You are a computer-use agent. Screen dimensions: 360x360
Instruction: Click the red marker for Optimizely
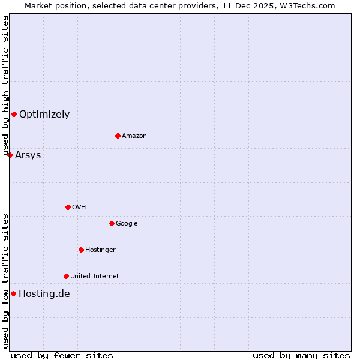click(x=14, y=114)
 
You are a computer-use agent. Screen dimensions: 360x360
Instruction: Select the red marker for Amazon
click(x=118, y=136)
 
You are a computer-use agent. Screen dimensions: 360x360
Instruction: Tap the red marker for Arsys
click(x=10, y=155)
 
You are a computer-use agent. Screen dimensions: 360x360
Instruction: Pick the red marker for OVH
click(x=68, y=207)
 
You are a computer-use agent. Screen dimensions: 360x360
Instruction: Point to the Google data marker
click(x=112, y=223)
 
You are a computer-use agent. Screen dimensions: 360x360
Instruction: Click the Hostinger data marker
click(x=81, y=250)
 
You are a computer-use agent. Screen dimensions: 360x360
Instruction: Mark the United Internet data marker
click(x=66, y=276)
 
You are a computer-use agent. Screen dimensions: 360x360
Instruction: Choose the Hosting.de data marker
click(x=13, y=293)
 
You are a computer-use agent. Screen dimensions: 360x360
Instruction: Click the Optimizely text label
click(x=44, y=115)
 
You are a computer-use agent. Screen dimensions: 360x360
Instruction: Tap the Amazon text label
click(x=134, y=136)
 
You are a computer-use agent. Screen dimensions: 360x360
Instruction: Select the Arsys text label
click(x=28, y=155)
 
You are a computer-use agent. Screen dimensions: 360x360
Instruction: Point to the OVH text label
click(x=79, y=208)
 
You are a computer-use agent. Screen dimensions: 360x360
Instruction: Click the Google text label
click(x=127, y=224)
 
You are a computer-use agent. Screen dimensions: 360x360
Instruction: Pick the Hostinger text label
click(x=100, y=250)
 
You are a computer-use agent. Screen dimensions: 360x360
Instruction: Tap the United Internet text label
click(x=95, y=277)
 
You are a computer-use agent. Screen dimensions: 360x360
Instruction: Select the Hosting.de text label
click(x=44, y=294)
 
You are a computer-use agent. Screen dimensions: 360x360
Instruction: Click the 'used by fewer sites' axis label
click(x=62, y=355)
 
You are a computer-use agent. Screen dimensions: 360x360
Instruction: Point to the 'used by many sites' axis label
click(x=301, y=355)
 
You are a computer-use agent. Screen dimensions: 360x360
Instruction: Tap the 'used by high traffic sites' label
click(x=5, y=86)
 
